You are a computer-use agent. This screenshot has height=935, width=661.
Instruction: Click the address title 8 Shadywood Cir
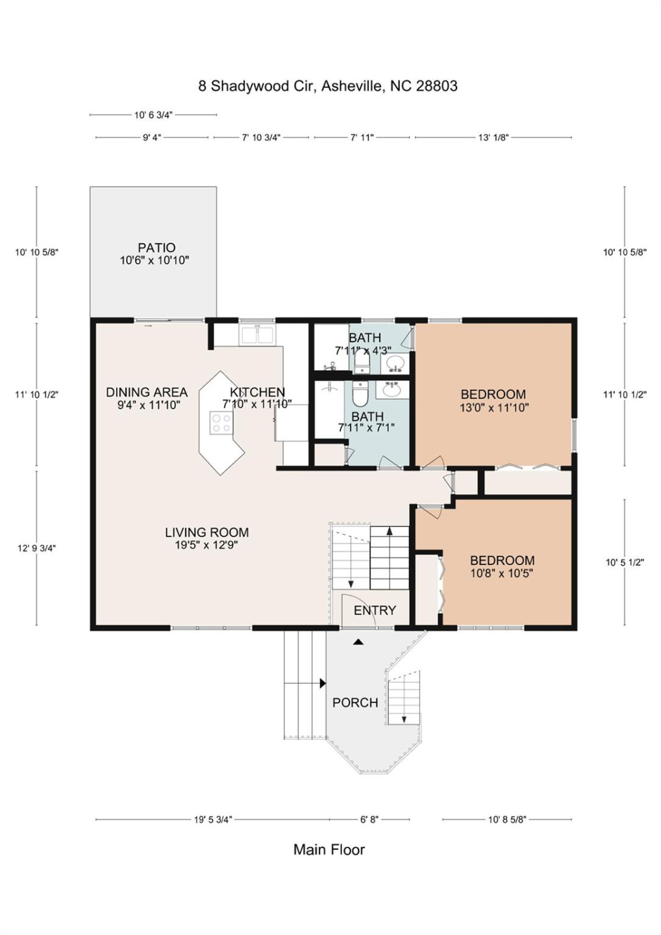point(327,86)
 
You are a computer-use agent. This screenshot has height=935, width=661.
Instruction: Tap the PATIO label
point(156,247)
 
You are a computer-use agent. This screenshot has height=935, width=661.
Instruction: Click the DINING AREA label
point(147,392)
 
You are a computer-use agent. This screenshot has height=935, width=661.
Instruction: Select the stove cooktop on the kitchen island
point(221,423)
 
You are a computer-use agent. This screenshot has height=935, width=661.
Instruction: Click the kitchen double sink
point(257,335)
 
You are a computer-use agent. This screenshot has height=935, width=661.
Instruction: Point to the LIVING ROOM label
point(206,532)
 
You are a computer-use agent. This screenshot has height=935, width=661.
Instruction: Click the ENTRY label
point(374,610)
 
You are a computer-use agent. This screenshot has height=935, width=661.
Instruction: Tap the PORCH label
point(355,703)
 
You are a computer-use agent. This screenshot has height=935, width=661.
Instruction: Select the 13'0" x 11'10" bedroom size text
point(494,408)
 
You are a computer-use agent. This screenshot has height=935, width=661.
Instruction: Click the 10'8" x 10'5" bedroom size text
point(502,573)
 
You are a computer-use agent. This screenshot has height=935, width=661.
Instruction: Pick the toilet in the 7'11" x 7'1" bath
point(359,393)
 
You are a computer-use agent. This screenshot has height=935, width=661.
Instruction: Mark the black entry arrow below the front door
point(358,642)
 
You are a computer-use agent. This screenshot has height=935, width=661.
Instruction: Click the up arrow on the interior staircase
point(389,531)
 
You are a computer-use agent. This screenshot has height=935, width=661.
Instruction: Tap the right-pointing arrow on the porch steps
point(322,683)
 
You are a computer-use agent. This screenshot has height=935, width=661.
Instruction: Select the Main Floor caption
point(329,849)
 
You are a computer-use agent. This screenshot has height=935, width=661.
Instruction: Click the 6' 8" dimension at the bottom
point(369,819)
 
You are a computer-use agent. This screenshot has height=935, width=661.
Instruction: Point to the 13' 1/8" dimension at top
point(493,138)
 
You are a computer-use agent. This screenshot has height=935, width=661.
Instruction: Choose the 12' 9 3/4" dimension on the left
point(36,548)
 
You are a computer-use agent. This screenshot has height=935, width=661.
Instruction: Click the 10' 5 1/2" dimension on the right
point(624,562)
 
